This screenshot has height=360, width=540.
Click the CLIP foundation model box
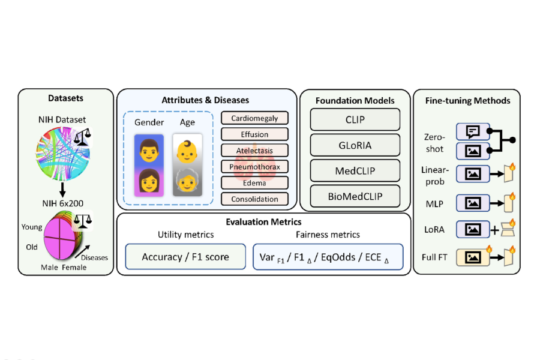coord(355,119)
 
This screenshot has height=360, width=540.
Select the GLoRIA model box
coord(355,145)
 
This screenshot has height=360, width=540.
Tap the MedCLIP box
coord(355,171)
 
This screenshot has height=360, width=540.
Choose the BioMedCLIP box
coord(355,196)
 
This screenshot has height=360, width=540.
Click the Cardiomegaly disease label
coord(254,118)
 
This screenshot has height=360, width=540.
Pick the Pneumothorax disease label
coord(254,166)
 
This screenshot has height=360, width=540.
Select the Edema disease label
coord(254,182)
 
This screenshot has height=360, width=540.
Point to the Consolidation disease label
coord(254,199)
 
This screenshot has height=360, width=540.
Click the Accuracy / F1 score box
coord(185,256)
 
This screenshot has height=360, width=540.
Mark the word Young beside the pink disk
coord(32,227)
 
